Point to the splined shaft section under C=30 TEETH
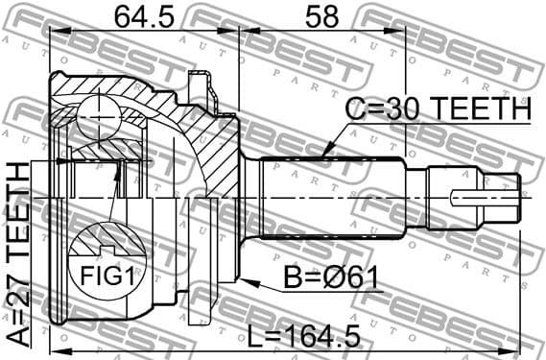(x=331, y=197)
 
